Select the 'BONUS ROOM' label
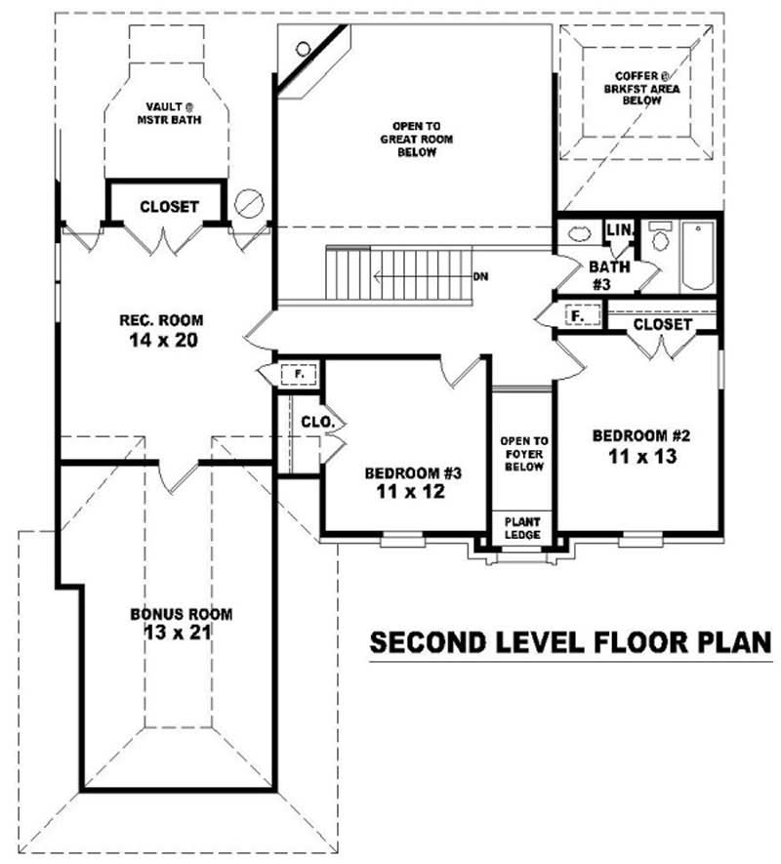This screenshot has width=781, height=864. pos(181,614)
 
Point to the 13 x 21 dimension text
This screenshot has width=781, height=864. pos(181,633)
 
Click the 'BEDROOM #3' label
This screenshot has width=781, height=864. pos(412,473)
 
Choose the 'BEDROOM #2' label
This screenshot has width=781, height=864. pos(635,435)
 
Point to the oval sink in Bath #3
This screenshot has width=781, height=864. pos(576,234)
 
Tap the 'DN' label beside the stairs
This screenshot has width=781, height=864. pos(480,276)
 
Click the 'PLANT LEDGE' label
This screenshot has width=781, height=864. pos(521,528)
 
